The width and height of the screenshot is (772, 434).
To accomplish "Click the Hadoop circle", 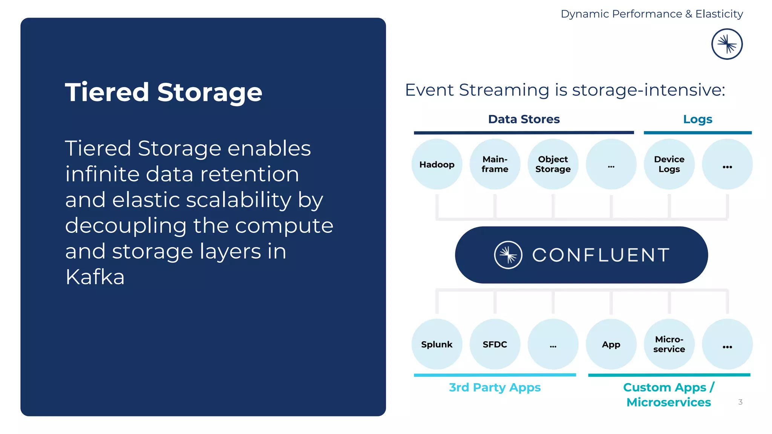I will [437, 164].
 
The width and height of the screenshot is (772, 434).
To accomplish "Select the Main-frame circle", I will [495, 164].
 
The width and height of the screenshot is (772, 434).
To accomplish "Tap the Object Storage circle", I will [553, 164].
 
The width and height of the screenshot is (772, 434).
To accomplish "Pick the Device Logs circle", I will [669, 164].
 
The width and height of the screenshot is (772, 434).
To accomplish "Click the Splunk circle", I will [437, 344].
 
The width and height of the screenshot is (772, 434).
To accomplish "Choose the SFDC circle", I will [495, 344].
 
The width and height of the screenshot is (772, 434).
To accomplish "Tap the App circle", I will [611, 344].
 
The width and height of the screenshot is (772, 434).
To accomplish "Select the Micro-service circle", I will [669, 344].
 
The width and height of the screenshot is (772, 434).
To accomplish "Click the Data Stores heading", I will [524, 119].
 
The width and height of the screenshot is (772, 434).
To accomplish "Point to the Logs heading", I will [697, 119].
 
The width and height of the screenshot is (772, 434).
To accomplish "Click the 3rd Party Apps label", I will [495, 387].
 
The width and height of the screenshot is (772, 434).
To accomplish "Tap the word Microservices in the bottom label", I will [668, 402].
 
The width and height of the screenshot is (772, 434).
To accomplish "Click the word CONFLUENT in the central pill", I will [601, 255].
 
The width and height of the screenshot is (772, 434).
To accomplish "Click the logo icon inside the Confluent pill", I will [508, 255].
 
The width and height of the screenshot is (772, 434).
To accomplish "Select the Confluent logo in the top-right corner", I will [727, 44].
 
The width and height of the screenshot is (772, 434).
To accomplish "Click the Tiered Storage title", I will [163, 92].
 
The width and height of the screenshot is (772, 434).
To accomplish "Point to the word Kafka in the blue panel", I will [95, 277].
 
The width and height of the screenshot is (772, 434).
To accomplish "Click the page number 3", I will [740, 402].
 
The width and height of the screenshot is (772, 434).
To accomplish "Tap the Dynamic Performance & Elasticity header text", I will [651, 14].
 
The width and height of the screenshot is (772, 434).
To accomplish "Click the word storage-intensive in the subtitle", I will [648, 90].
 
